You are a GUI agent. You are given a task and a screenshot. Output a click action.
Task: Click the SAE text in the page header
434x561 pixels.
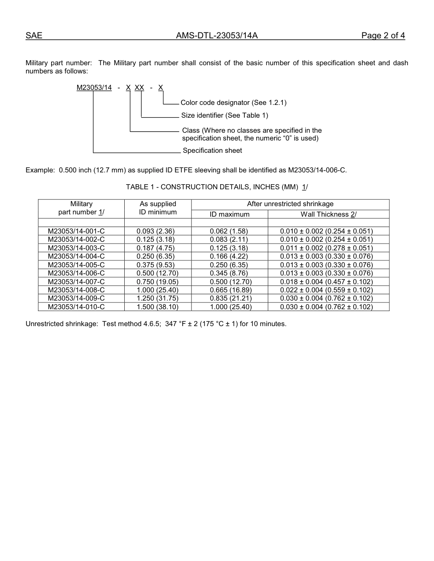tap(34, 36)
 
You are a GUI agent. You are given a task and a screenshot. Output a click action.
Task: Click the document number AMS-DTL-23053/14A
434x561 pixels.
tap(217, 36)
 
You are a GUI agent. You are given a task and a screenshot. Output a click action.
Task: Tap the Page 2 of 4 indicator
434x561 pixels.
tap(383, 36)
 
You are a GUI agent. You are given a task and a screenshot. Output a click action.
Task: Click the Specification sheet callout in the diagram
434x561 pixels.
tap(212, 151)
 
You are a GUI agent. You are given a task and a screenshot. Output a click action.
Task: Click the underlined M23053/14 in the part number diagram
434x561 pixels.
tap(94, 88)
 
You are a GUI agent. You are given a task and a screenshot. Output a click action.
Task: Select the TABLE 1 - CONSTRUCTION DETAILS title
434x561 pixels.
tap(217, 187)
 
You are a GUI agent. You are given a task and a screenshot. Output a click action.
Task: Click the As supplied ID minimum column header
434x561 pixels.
tap(158, 208)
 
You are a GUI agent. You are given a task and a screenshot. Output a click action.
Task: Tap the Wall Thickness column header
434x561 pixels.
tap(328, 214)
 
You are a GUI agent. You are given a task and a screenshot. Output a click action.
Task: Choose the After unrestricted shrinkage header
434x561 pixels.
tap(290, 204)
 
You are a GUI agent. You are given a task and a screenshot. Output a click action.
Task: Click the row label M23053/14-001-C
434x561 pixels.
tap(76, 231)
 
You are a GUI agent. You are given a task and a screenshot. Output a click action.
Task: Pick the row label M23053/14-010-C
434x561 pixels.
tap(76, 307)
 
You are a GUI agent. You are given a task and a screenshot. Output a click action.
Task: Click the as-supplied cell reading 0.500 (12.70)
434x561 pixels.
tap(157, 273)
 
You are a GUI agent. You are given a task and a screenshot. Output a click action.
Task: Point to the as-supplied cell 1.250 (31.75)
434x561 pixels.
tap(157, 298)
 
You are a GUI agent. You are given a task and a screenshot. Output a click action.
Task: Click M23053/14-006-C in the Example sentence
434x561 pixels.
tap(317, 170)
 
